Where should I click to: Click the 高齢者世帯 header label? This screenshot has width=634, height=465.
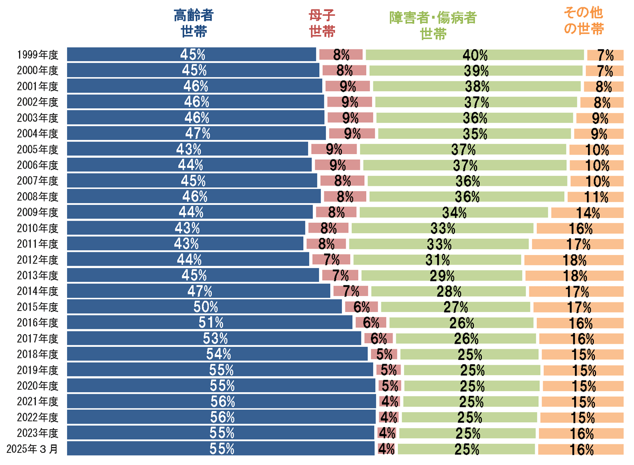pyautogui.click(x=193, y=23)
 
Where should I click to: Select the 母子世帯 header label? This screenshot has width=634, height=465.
pyautogui.click(x=322, y=23)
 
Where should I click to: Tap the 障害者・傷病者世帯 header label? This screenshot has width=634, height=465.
pyautogui.click(x=433, y=25)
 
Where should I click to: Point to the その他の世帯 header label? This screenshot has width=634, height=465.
pyautogui.click(x=584, y=21)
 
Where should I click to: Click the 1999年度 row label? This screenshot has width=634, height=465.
pyautogui.click(x=38, y=55)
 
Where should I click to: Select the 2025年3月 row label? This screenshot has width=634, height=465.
pyautogui.click(x=32, y=449)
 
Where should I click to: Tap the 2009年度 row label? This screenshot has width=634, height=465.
pyautogui.click(x=38, y=212)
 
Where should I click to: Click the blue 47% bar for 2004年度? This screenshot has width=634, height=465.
pyautogui.click(x=197, y=133)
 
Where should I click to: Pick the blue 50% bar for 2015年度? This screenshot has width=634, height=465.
pyautogui.click(x=204, y=307)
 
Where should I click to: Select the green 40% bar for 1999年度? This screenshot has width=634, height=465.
pyautogui.click(x=474, y=55)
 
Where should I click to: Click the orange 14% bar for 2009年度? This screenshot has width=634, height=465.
pyautogui.click(x=588, y=213)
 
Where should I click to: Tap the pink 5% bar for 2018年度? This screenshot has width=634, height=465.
pyautogui.click(x=384, y=354)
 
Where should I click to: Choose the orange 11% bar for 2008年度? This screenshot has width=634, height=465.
pyautogui.click(x=595, y=197)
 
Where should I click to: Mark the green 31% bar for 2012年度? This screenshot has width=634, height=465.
pyautogui.click(x=437, y=260)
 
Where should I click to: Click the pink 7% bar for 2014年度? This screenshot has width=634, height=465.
pyautogui.click(x=351, y=291)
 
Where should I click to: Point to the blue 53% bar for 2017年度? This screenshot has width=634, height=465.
pyautogui.click(x=214, y=338)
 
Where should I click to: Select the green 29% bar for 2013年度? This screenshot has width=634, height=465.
pyautogui.click(x=442, y=276)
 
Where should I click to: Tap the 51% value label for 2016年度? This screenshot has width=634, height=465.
pyautogui.click(x=211, y=322)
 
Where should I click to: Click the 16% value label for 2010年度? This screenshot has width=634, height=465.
pyautogui.click(x=581, y=229)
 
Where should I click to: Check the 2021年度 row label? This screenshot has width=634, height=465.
pyautogui.click(x=38, y=401)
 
